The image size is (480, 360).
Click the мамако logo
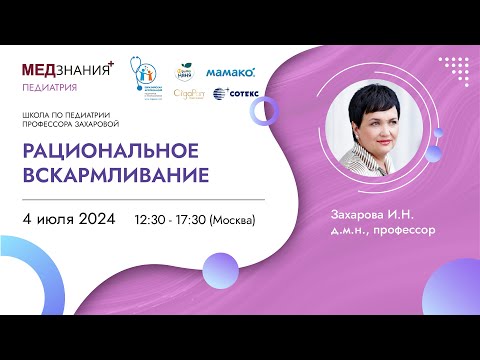(x=230, y=72)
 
